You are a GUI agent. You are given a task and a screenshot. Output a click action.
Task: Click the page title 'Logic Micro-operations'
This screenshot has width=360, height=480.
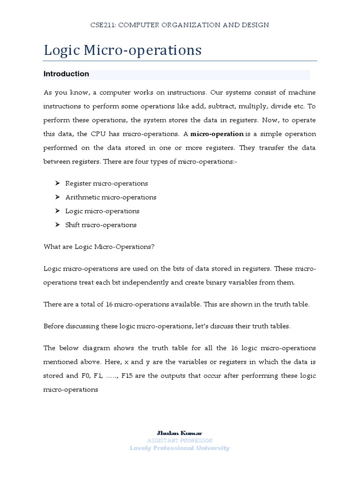[123, 50]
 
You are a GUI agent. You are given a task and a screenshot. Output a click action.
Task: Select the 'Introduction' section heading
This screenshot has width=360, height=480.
[66, 74]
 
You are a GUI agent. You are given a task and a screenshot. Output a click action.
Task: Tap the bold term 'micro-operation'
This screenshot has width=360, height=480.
[217, 134]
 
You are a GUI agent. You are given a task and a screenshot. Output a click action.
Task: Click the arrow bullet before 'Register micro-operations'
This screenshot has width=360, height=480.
[57, 183]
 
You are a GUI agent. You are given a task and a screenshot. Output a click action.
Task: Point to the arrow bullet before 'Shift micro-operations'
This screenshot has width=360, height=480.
[57, 225]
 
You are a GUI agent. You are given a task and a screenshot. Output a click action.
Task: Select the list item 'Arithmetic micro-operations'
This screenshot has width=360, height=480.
[111, 197]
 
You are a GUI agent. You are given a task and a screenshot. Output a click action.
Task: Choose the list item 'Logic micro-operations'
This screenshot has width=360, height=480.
[102, 211]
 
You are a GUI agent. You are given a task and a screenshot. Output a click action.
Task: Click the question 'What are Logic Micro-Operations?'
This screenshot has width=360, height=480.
[99, 247]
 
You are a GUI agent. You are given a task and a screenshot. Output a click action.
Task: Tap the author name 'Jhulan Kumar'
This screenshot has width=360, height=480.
[180, 433]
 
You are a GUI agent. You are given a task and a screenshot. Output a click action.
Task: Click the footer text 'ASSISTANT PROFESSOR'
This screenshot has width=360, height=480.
[180, 441]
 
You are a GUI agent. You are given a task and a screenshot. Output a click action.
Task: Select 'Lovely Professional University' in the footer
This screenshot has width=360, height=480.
[180, 448]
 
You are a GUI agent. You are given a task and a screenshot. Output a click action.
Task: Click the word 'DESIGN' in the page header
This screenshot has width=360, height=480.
[256, 25]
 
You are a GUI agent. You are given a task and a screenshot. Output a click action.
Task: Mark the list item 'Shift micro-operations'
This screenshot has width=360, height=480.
[101, 225]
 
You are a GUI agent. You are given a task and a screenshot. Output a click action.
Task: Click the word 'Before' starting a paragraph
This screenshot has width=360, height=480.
[54, 326]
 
